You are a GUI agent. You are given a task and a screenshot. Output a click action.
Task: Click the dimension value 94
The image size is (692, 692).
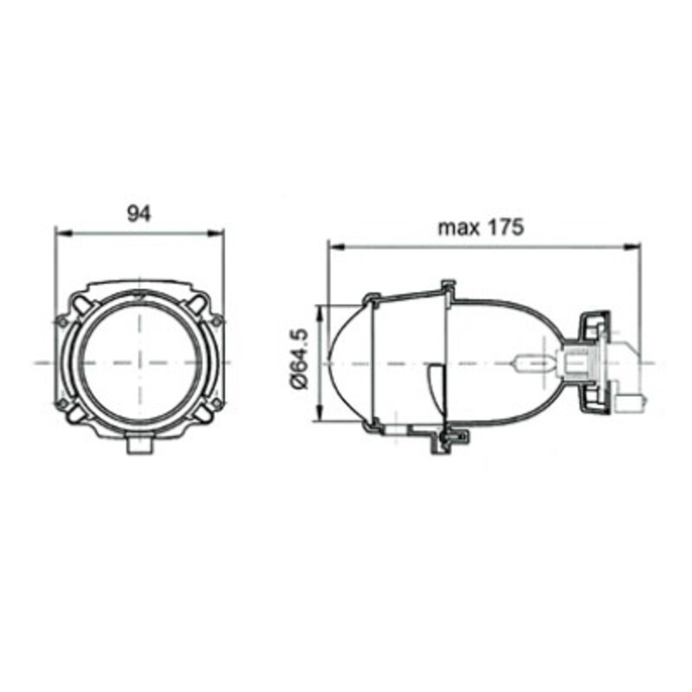138,214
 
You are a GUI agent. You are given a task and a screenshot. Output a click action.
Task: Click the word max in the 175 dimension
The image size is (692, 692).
458,228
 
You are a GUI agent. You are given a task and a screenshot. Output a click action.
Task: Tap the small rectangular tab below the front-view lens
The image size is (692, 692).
138,445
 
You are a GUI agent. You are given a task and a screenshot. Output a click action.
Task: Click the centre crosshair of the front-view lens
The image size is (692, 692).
138,362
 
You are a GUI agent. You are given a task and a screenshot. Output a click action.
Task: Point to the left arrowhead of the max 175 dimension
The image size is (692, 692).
333,247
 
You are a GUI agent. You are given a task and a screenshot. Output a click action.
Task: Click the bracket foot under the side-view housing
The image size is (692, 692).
446,441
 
